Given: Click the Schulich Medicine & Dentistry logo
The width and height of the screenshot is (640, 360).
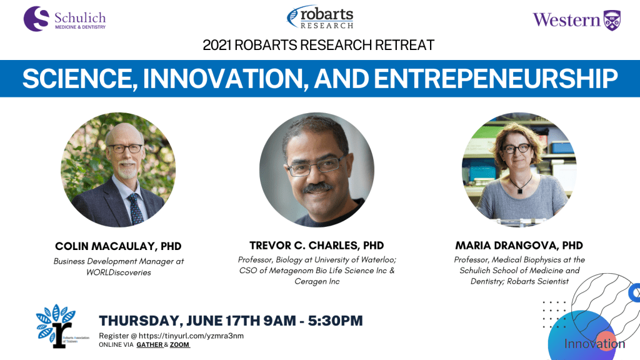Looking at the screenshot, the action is pos(64,19).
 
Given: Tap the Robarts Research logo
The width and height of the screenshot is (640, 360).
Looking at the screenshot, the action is pos(320,17).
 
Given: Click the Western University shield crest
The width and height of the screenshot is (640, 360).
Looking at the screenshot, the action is pos(612,21).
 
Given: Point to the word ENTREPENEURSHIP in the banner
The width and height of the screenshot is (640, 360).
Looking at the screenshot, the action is pos(496,78).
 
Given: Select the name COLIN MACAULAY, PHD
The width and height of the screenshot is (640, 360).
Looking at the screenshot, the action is pos(118,246).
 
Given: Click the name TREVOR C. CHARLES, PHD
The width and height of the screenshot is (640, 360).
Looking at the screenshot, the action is pos(317,245).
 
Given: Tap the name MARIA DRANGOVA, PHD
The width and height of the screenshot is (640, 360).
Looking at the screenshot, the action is pos(519,245).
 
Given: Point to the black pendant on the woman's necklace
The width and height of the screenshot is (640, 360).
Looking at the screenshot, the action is pos(519,190).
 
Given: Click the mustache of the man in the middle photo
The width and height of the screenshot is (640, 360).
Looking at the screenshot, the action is pos(317,187).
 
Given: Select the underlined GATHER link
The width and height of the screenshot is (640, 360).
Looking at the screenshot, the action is pos(150,345).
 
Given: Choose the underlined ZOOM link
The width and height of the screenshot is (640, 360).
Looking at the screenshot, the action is pos(179,345).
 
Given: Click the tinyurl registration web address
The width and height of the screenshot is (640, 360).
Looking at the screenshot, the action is pos(191,336).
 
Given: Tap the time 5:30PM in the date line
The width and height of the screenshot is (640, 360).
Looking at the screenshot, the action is pos(335,321).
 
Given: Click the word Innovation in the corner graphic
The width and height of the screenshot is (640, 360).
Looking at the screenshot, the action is pos(594,344).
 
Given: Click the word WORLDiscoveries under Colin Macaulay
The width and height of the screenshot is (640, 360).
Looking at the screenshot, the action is pos(118,272).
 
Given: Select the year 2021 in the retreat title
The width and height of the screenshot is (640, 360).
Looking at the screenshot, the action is pos(217,45).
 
